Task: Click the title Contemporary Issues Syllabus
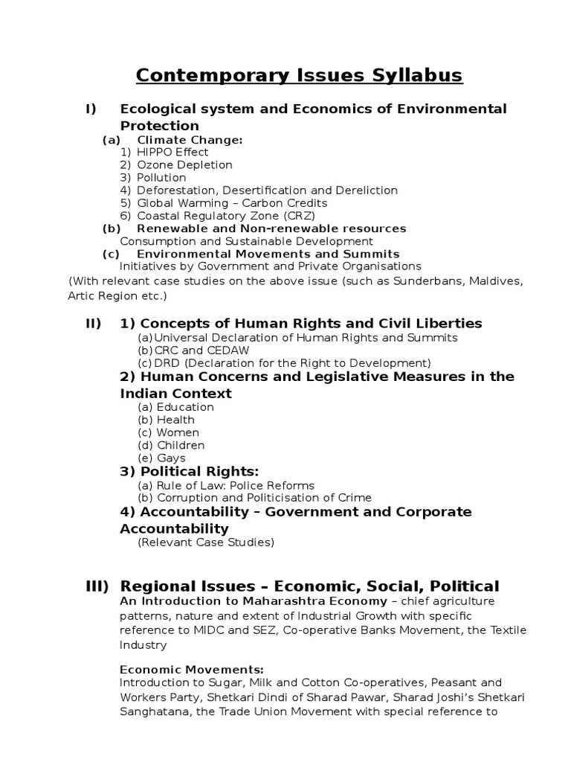point(298,75)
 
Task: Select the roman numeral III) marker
point(97,586)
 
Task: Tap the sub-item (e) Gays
point(161,458)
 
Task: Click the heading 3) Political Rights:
point(190,472)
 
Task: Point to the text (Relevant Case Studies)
point(206,542)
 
